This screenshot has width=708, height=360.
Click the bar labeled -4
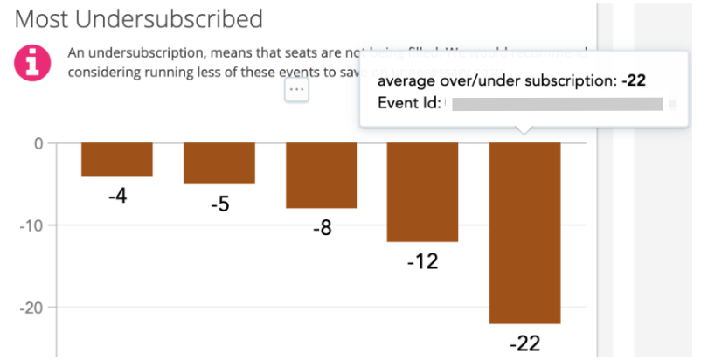click(117, 159)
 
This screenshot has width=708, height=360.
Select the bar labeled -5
click(219, 163)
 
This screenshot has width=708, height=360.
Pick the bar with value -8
click(322, 175)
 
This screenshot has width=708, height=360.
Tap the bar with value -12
click(423, 192)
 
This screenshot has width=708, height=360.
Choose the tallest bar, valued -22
click(524, 232)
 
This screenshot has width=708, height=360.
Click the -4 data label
click(117, 197)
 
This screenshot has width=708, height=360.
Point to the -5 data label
click(219, 205)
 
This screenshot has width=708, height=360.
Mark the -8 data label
click(322, 229)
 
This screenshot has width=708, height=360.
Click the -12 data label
click(423, 262)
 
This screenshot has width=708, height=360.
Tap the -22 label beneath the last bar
click(524, 343)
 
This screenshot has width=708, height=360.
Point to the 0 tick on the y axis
click(38, 142)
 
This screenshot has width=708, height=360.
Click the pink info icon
click(31, 62)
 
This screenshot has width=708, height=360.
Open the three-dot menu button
click(296, 89)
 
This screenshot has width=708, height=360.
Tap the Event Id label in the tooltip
click(407, 104)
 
